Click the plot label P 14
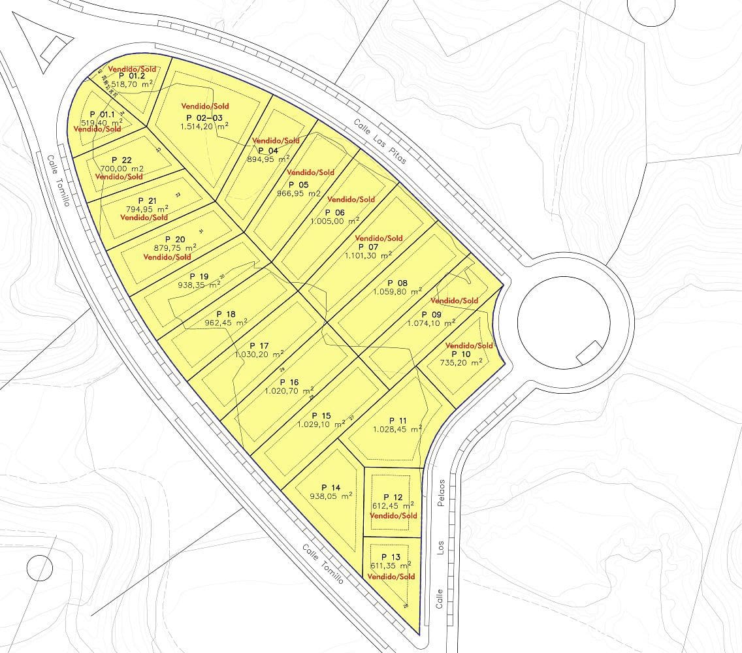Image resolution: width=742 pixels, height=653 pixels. (x=331, y=487)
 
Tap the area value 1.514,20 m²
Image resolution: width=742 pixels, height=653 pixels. (x=204, y=126)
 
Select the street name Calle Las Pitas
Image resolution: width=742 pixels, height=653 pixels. (x=380, y=141)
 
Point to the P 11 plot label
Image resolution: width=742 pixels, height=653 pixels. (x=398, y=421)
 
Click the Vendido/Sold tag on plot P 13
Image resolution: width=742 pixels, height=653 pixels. (x=391, y=577)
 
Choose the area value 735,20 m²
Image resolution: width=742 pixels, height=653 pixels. (x=461, y=362)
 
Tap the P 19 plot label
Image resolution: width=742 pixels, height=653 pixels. (x=199, y=276)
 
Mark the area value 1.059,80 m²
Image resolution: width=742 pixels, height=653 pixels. (x=398, y=292)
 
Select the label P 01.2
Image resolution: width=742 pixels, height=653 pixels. (x=132, y=76)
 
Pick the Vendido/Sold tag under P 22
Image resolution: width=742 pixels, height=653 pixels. (x=119, y=177)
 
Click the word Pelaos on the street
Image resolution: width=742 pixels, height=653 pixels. (x=442, y=493)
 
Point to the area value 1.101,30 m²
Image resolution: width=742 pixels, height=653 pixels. (x=368, y=256)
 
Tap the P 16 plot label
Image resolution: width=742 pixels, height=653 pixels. (x=289, y=383)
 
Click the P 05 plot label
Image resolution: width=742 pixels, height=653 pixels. (x=298, y=185)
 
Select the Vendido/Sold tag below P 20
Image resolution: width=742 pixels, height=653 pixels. (x=167, y=257)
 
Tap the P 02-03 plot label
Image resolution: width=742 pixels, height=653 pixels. (x=204, y=117)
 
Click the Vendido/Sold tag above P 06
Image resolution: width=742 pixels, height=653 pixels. (x=351, y=199)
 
